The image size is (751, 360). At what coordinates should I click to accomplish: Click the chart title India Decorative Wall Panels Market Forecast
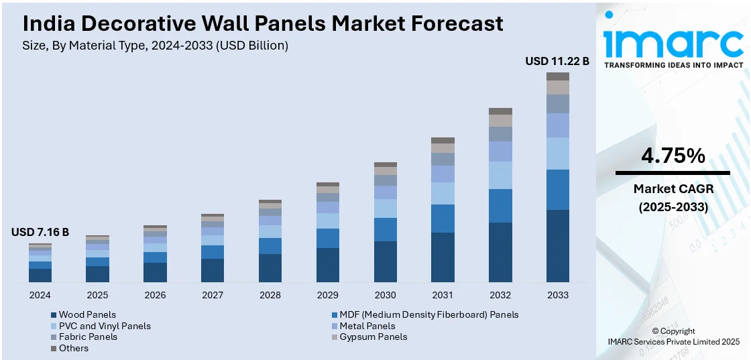(x=263, y=24)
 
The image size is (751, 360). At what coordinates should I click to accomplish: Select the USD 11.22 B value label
(x=557, y=61)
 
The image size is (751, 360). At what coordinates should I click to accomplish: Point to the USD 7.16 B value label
(x=40, y=232)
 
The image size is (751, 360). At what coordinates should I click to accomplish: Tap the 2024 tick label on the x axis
(x=40, y=295)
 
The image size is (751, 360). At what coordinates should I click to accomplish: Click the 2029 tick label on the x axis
(x=328, y=295)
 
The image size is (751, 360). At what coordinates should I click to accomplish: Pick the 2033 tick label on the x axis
(x=558, y=295)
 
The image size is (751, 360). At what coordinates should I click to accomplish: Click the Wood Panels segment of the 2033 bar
(x=558, y=245)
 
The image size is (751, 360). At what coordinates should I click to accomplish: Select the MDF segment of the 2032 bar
(x=500, y=206)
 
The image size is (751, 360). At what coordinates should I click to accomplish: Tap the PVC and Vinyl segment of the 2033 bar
(x=558, y=154)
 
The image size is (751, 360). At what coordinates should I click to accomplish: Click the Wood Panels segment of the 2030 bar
(x=385, y=261)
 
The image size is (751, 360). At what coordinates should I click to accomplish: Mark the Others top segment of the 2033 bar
(x=558, y=76)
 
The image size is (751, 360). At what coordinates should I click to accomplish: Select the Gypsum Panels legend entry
(x=373, y=337)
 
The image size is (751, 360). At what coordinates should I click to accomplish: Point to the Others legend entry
(x=73, y=348)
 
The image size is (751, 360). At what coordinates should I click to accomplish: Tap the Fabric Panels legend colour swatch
(x=54, y=337)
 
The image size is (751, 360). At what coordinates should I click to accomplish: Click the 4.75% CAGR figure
(x=673, y=156)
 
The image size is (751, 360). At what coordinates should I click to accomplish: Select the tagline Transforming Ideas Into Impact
(x=673, y=65)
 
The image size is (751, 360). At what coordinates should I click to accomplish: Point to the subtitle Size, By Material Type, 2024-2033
(x=156, y=46)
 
